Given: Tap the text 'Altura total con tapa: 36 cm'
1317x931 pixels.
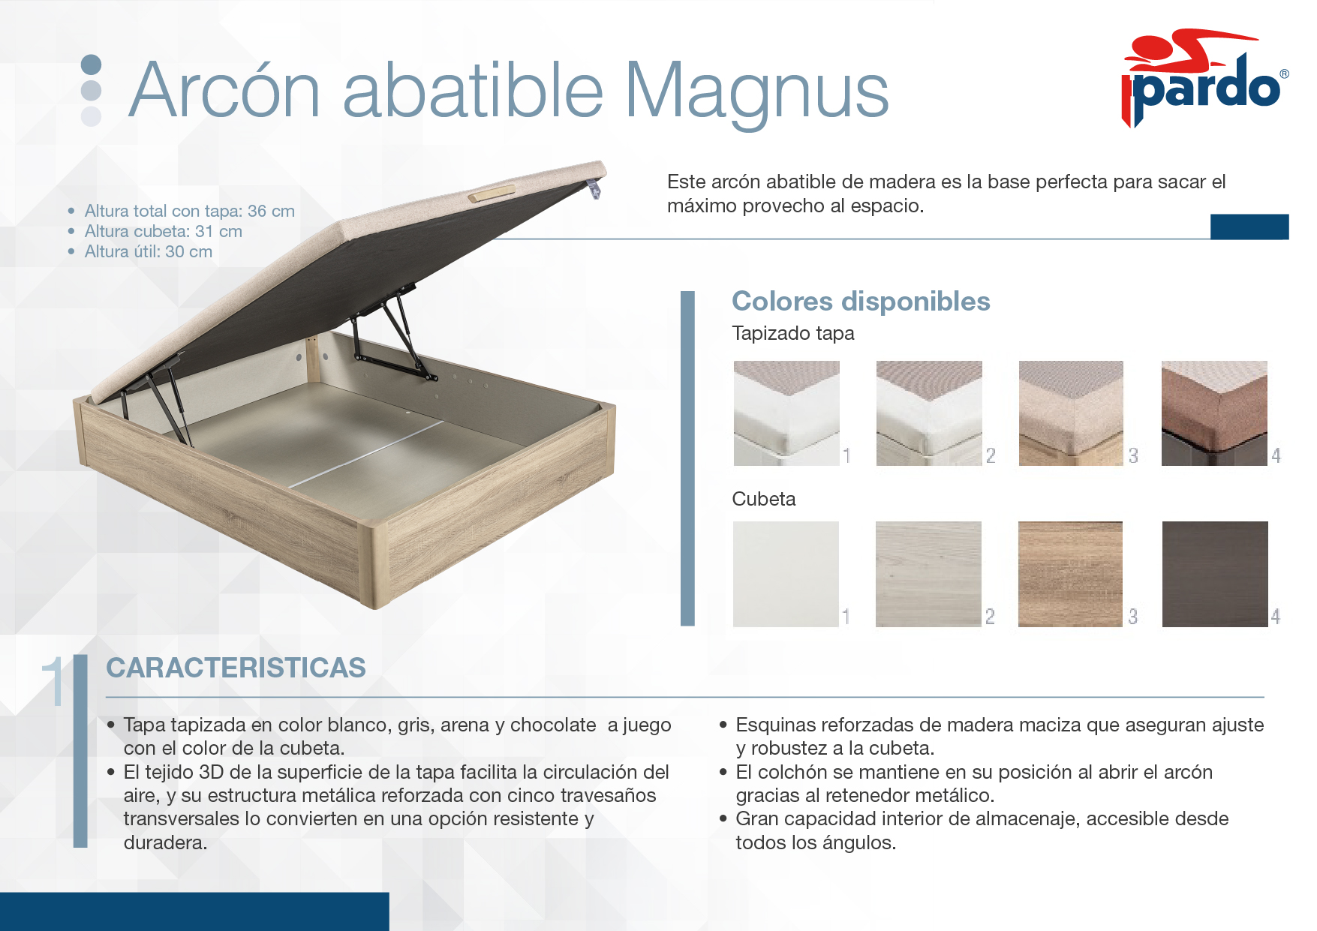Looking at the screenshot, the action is pyautogui.click(x=189, y=211).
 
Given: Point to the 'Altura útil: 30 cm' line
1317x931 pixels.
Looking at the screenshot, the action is pyautogui.click(x=148, y=251).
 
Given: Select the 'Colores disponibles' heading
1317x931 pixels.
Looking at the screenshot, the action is pyautogui.click(x=861, y=301).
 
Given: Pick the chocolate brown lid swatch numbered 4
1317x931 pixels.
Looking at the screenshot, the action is pyautogui.click(x=1214, y=413).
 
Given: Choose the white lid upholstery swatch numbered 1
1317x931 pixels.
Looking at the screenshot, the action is pyautogui.click(x=786, y=413).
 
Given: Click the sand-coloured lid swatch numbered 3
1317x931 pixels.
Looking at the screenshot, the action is pyautogui.click(x=1071, y=413).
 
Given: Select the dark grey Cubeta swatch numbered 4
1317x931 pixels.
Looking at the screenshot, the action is pyautogui.click(x=1215, y=574).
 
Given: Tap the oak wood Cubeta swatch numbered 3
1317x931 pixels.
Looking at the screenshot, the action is pyautogui.click(x=1070, y=574).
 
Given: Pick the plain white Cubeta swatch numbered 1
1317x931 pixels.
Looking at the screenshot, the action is pyautogui.click(x=786, y=574).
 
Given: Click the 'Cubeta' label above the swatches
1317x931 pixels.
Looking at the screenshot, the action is pyautogui.click(x=763, y=499).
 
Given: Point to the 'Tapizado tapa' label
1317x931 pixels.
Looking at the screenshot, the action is pyautogui.click(x=792, y=333).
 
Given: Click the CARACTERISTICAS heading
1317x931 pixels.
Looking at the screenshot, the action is pyautogui.click(x=236, y=668).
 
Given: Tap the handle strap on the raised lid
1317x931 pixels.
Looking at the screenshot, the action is pyautogui.click(x=492, y=194).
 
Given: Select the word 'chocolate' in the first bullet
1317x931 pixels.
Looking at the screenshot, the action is pyautogui.click(x=553, y=725).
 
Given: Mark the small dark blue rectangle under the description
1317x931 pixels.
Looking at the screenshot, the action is pyautogui.click(x=1249, y=227).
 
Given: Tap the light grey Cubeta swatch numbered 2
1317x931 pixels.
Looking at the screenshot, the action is pyautogui.click(x=928, y=574).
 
